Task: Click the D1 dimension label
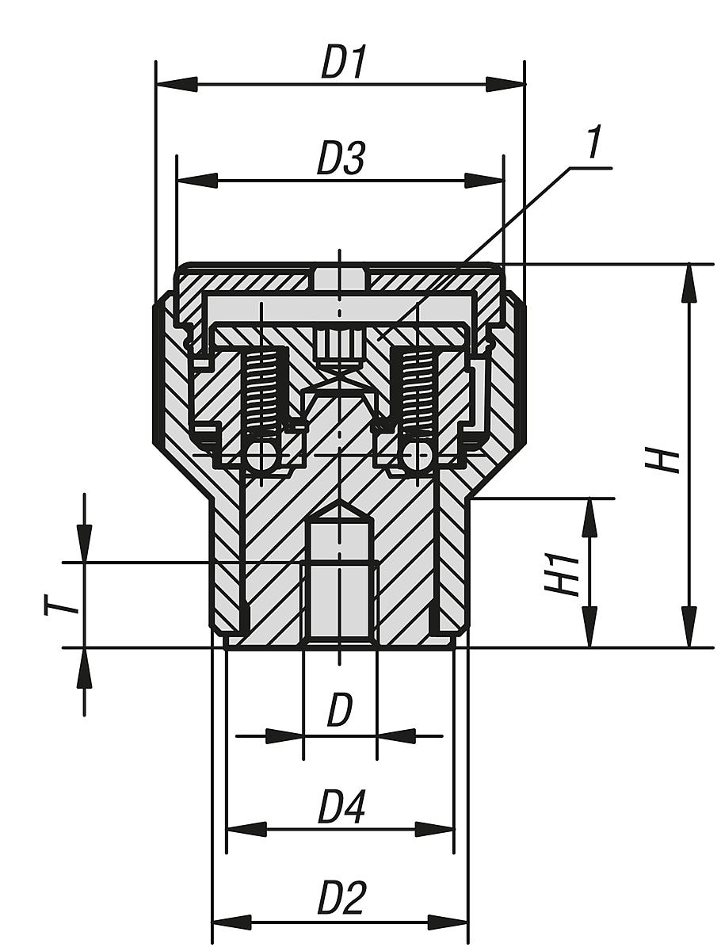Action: point(344,64)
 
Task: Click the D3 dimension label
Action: point(341,160)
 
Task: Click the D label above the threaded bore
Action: point(340,711)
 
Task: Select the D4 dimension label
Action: point(341,809)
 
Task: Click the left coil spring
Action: point(263,391)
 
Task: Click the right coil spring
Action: point(417,391)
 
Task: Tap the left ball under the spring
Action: point(261,456)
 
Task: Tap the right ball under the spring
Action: point(418,456)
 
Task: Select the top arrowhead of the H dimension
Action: point(689,282)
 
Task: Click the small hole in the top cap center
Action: point(340,279)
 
